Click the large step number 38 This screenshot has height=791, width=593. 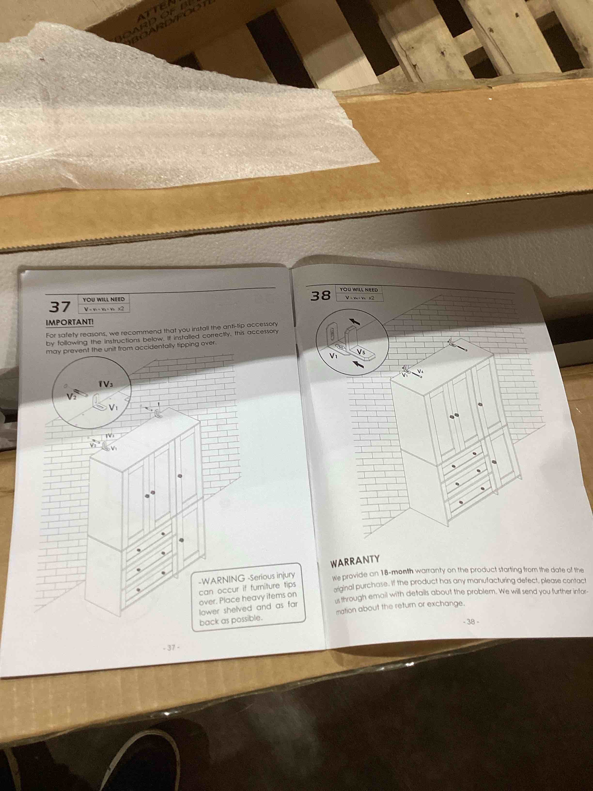click(x=321, y=296)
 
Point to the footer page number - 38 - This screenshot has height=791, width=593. click(x=470, y=622)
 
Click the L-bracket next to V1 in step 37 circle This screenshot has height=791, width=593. click(x=99, y=403)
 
